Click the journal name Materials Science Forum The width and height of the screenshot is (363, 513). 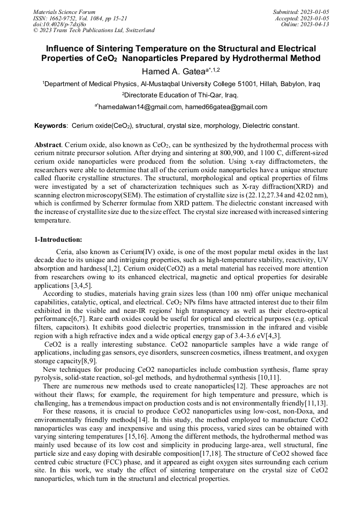(x=64, y=11)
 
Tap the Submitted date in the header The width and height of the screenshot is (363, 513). (x=301, y=11)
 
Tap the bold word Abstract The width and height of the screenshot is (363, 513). (x=48, y=145)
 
